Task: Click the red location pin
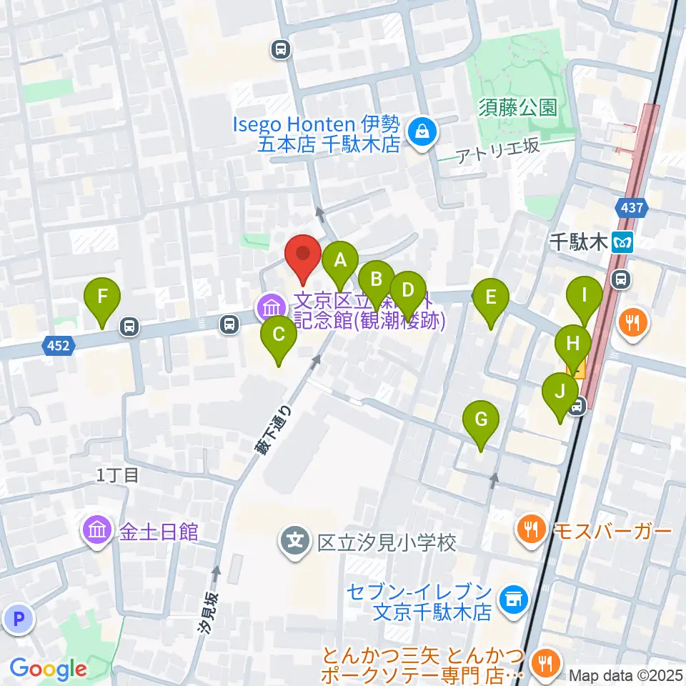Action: pos(303,255)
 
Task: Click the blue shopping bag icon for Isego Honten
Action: pos(422,131)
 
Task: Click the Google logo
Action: pos(49,670)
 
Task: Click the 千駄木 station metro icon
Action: pos(624,243)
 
